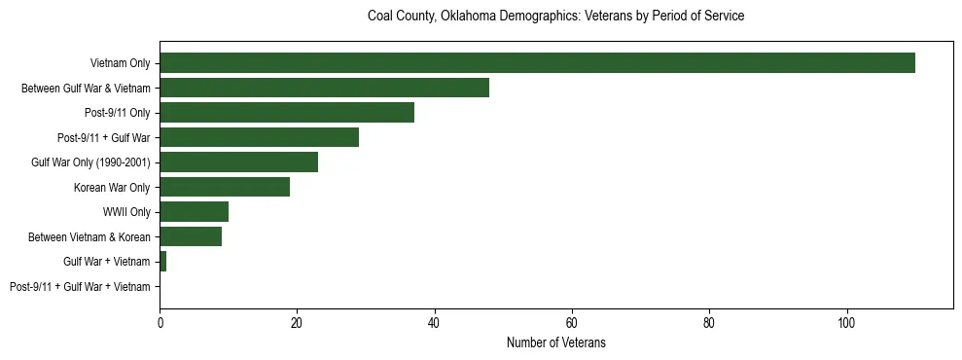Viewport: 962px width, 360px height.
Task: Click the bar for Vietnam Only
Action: [x=537, y=63]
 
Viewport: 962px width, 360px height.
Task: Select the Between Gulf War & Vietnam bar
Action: [x=324, y=88]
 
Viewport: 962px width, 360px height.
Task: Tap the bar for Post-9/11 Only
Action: [x=287, y=113]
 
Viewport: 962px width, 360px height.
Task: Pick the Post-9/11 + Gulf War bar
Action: [x=259, y=137]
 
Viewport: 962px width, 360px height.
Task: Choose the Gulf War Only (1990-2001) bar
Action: [x=238, y=162]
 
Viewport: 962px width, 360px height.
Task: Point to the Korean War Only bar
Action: [x=225, y=187]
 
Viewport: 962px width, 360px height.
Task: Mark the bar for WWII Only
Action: [x=194, y=212]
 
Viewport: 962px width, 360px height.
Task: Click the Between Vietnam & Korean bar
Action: [x=191, y=236]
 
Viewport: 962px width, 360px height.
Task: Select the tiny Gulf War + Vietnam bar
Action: [x=163, y=262]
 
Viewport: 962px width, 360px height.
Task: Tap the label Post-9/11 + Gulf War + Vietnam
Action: [x=80, y=287]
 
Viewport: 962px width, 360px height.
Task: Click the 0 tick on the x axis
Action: [x=160, y=324]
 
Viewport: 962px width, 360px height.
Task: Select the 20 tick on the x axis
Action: [x=297, y=324]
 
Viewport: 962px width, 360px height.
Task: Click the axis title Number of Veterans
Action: [x=555, y=343]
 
